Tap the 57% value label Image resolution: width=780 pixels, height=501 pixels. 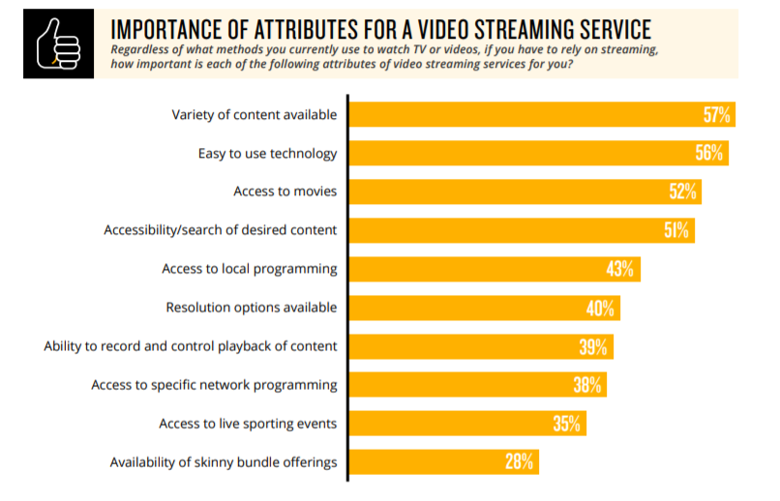[717, 115]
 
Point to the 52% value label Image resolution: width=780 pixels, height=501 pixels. [682, 192]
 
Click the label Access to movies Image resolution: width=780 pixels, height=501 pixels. [285, 192]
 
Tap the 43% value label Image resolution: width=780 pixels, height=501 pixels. [620, 269]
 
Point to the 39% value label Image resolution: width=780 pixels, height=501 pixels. [593, 346]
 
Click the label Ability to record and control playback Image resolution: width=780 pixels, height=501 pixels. [191, 346]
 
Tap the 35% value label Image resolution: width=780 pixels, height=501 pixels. [566, 424]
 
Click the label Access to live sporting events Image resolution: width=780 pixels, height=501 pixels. [248, 424]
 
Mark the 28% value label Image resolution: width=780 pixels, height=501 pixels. [519, 462]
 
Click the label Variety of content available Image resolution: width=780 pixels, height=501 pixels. [255, 115]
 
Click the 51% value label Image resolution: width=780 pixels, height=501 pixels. [675, 230]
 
